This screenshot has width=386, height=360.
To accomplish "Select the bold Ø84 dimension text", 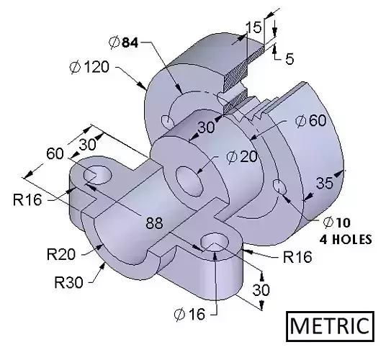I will tap(124, 42).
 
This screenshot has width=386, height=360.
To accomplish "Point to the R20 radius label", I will tap(62, 253).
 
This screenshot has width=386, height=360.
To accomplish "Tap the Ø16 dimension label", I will tap(189, 314).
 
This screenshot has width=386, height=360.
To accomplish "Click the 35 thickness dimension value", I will tap(325, 183).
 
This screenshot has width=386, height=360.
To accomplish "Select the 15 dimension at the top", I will tap(253, 28).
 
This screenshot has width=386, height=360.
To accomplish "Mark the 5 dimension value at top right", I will tap(289, 59).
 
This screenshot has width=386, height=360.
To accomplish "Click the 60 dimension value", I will tap(55, 153).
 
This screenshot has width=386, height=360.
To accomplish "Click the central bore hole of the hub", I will tap(191, 181).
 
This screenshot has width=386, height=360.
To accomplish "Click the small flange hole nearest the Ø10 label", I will tap(280, 189).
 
